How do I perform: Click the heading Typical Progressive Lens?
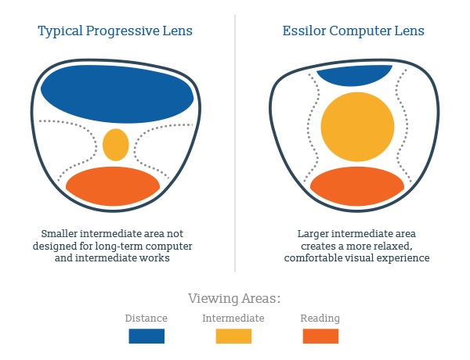[x=116, y=32]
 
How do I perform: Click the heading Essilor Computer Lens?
[x=354, y=32]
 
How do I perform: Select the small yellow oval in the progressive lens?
[x=116, y=145]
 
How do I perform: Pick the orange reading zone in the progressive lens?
[x=113, y=186]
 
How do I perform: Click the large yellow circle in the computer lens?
[x=357, y=128]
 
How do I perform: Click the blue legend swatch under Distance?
[x=146, y=336]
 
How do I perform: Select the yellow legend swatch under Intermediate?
[x=233, y=336]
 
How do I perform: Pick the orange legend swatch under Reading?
[x=320, y=336]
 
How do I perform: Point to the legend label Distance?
[x=146, y=319]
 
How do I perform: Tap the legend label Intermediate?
[x=233, y=319]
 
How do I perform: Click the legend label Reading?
[x=320, y=319]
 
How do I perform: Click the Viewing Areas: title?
[x=234, y=298]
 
